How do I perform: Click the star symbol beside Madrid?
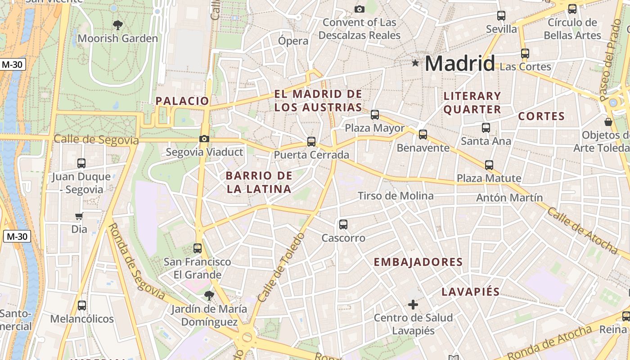tap(415, 63)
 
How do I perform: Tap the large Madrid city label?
tap(459, 63)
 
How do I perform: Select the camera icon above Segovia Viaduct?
tap(204, 139)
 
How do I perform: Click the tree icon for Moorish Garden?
tap(118, 25)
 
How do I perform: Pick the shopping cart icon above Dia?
tap(79, 216)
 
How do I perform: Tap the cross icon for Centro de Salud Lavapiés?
tap(413, 305)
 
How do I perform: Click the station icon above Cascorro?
tap(343, 224)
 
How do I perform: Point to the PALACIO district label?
tap(182, 101)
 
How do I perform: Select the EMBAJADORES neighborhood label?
tap(418, 262)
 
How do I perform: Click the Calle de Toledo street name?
tap(281, 267)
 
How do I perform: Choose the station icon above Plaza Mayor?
tap(375, 115)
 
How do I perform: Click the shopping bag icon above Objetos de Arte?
tap(608, 122)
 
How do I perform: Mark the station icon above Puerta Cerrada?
tap(311, 142)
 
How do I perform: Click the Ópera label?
tap(293, 41)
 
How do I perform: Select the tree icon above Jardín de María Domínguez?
tap(208, 295)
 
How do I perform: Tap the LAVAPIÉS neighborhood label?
tap(470, 292)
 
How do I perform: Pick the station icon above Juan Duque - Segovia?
tap(81, 163)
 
